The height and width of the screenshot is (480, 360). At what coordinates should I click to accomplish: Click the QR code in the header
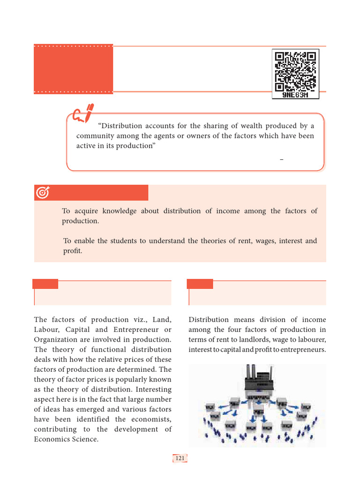coord(295,70)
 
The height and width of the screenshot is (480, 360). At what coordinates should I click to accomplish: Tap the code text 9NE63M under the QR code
coord(295,95)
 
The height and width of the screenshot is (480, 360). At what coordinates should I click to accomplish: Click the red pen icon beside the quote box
coord(83,114)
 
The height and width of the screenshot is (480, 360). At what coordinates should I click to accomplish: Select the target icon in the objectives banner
coord(43,192)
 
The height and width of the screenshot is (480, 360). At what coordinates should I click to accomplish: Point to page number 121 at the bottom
coord(180,458)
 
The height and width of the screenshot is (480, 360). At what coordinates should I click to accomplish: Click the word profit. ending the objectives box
coord(73,251)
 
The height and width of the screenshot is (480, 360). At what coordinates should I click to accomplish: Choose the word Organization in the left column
coord(56,339)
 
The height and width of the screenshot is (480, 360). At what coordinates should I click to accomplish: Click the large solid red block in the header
coord(73,69)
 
